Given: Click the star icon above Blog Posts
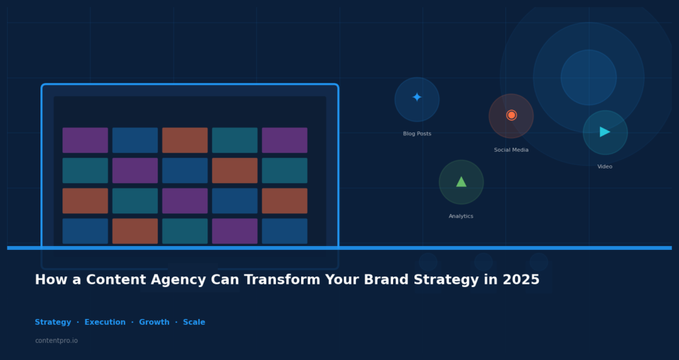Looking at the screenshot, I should (416, 98).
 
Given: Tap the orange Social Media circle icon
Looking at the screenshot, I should (511, 115).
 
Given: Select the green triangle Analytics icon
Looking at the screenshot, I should (461, 182).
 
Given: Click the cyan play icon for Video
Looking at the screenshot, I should (605, 132).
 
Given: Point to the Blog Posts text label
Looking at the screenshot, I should (417, 134).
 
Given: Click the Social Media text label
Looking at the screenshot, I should (511, 150).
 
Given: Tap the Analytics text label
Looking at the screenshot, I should (461, 217).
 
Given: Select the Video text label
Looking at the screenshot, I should (605, 167).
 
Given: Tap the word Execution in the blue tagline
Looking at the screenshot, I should (105, 323).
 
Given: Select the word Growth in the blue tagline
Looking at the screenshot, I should (154, 323).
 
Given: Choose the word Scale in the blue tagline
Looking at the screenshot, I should (194, 323).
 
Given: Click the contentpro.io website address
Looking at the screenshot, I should (56, 341).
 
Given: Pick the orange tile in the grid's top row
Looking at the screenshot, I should (185, 141).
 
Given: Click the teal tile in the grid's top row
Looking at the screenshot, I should (235, 141).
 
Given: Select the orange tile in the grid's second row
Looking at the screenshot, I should (235, 170).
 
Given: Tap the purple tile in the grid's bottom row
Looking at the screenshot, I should (235, 231).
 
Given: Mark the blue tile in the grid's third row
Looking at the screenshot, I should (235, 201).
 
